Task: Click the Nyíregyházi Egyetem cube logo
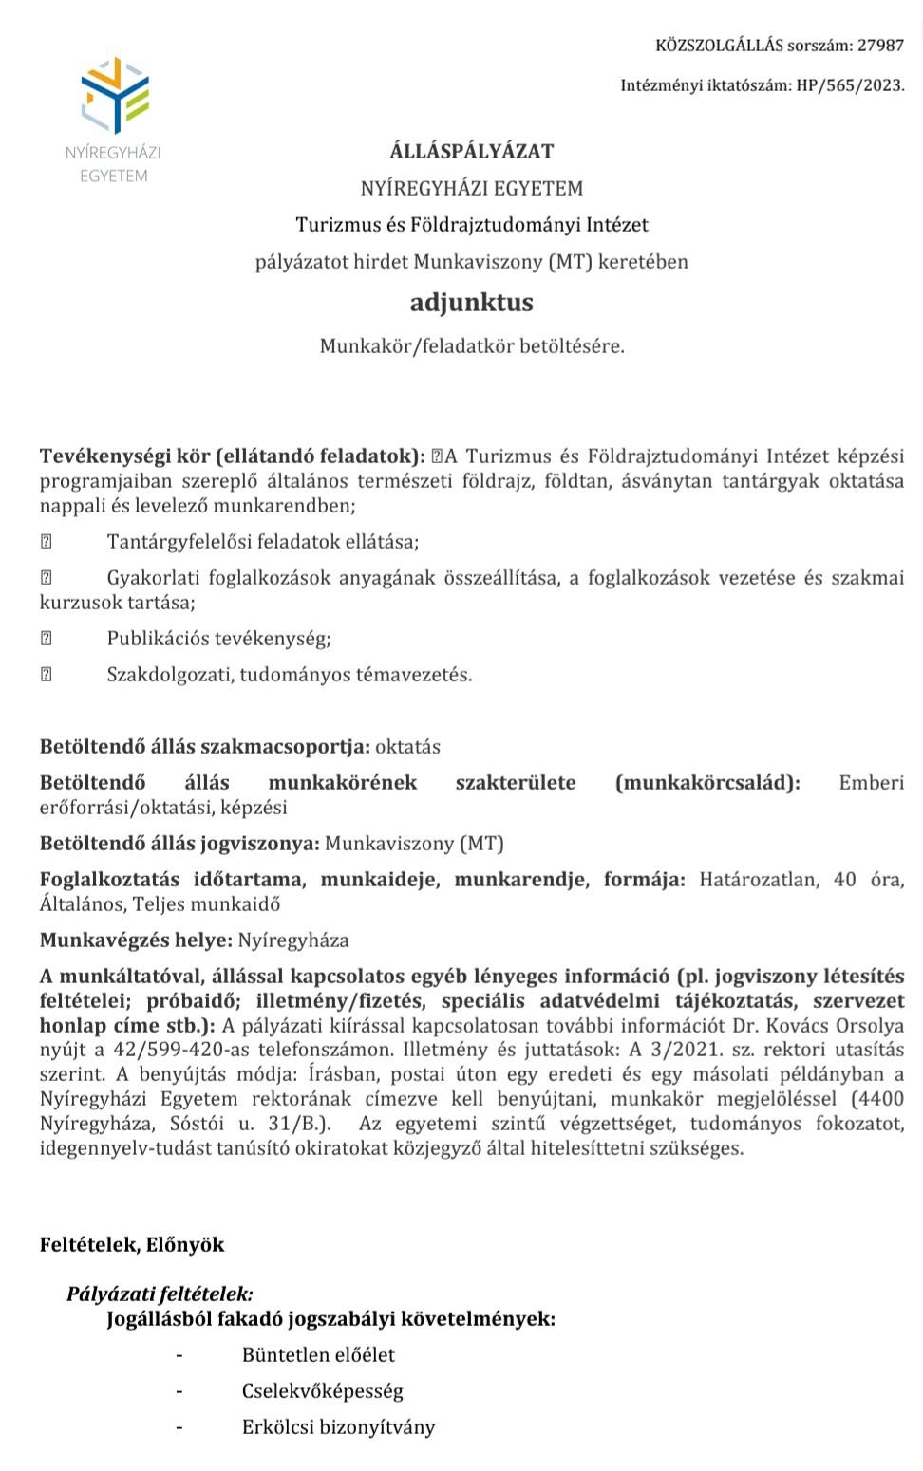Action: coord(115,95)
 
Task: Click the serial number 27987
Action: coord(880,45)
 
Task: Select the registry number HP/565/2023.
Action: coord(850,85)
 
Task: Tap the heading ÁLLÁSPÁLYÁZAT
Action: coord(472,151)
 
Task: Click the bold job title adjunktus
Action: coord(472,303)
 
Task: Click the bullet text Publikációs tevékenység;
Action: coord(218,639)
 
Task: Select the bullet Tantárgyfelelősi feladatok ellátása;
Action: coord(262,542)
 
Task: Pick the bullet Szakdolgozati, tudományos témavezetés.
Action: coord(289,675)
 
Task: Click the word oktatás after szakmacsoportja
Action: coord(407,747)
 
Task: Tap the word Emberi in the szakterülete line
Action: coord(871,783)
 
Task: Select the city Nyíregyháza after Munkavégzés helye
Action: coord(292,940)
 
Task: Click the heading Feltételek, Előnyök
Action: coord(132,1245)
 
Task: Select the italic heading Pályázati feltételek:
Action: coord(160,1294)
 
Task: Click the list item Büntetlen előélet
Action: coord(318,1355)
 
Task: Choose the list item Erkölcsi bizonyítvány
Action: coord(338,1427)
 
